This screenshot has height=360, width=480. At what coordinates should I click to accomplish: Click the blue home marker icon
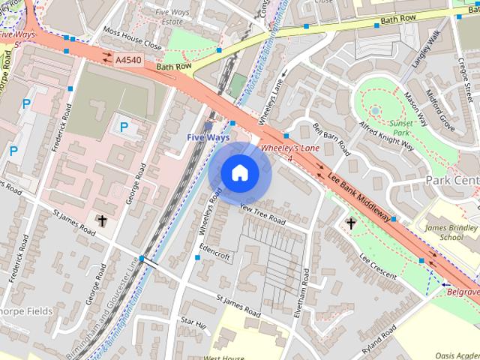tap(239, 172)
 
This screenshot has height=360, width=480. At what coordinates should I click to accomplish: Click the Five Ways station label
tap(208, 138)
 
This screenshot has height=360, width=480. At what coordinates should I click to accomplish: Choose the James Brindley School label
tap(451, 232)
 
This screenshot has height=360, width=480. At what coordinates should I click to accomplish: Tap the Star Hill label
tap(193, 322)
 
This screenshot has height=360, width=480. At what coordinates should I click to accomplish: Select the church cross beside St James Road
tap(103, 220)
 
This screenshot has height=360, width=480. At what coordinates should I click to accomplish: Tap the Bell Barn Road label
tap(331, 138)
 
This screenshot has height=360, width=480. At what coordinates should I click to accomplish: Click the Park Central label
tap(451, 181)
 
